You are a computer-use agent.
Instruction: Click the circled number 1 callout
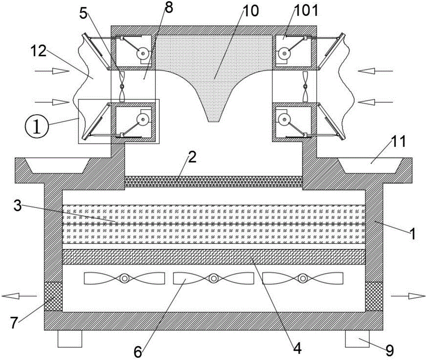[37, 127]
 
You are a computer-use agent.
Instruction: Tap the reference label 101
[306, 12]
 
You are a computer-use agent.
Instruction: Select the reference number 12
[38, 51]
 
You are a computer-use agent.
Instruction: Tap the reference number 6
[138, 352]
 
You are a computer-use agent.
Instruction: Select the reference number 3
[18, 206]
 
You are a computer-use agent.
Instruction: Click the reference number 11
[398, 142]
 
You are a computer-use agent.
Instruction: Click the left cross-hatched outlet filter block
[53, 296]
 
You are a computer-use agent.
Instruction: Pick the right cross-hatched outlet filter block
[374, 296]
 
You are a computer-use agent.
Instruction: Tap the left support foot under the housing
[70, 339]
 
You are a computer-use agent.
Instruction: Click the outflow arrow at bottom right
[408, 296]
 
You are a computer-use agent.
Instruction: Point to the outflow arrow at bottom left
[19, 296]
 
